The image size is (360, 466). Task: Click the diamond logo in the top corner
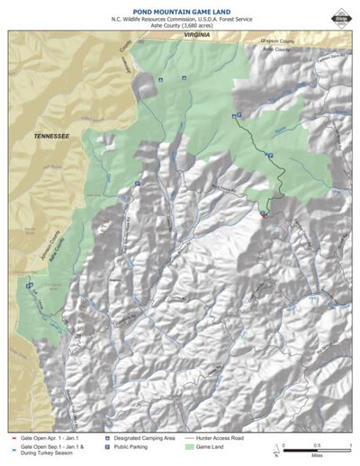(340, 13)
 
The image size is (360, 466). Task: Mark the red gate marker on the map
(263, 215)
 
